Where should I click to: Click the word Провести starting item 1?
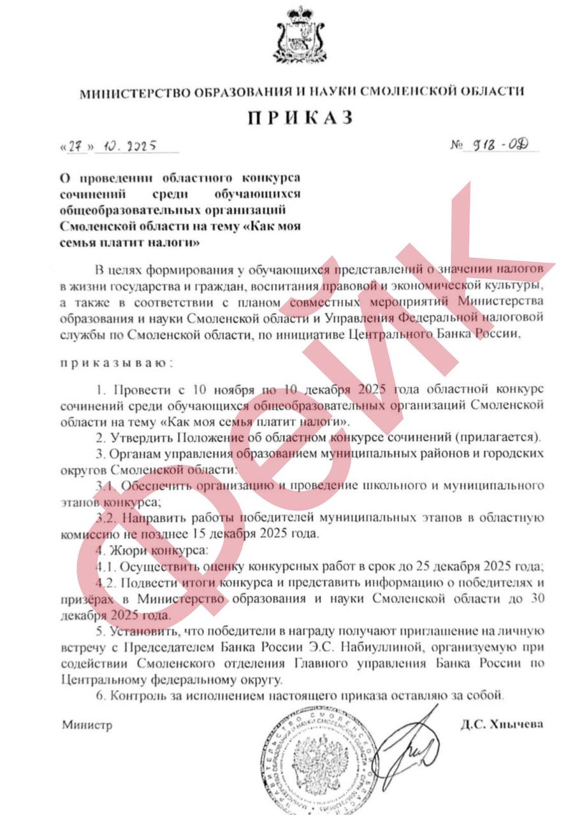tap(133, 388)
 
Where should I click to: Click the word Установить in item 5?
tap(140, 632)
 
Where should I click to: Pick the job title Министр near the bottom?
tap(87, 725)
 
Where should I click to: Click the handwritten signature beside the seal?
tap(408, 751)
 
